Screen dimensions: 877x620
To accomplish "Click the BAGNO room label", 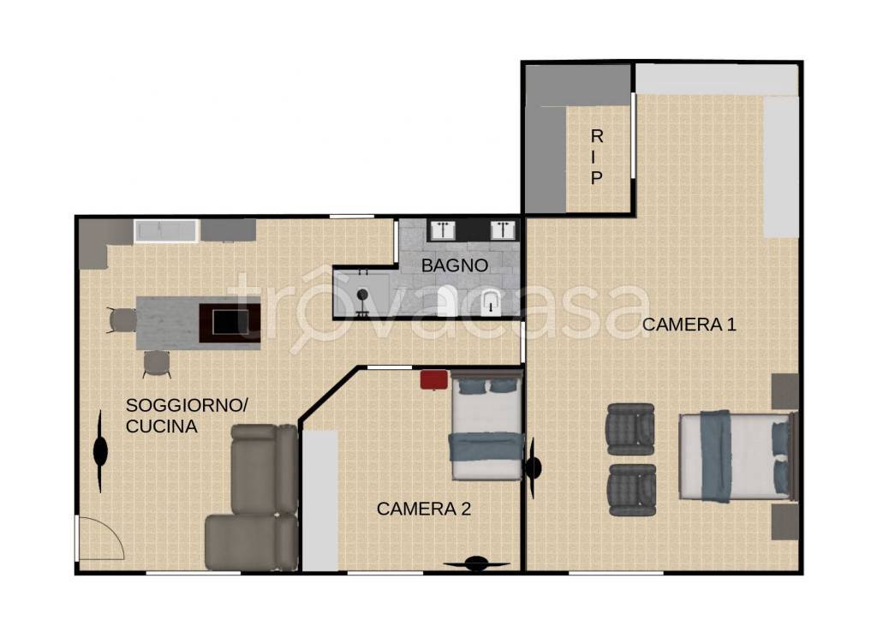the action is pyautogui.click(x=454, y=265).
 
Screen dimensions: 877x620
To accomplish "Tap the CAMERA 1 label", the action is pyautogui.click(x=689, y=325).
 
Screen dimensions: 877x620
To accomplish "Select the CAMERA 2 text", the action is pyautogui.click(x=423, y=509).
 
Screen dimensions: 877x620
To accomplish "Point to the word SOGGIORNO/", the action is pyautogui.click(x=187, y=405).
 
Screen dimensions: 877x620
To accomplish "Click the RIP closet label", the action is pyautogui.click(x=597, y=157).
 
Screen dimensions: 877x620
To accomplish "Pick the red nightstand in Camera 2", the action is pyautogui.click(x=434, y=379).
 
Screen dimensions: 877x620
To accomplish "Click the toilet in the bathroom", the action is pyautogui.click(x=448, y=301).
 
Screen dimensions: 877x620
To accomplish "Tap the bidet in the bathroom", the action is pyautogui.click(x=491, y=302).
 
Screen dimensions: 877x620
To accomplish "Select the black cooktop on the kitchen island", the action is pyautogui.click(x=230, y=323).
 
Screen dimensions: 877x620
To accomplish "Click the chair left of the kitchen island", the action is pyautogui.click(x=122, y=320).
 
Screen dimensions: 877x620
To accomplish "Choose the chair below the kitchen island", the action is pyautogui.click(x=158, y=364).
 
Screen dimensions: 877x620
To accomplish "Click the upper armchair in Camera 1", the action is pyautogui.click(x=630, y=429).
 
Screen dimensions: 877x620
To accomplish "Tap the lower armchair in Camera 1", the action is pyautogui.click(x=631, y=491).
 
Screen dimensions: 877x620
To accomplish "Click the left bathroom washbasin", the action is pyautogui.click(x=443, y=230).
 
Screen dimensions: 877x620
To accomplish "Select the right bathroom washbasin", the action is pyautogui.click(x=503, y=230).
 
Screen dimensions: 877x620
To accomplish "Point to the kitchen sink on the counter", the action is pyautogui.click(x=165, y=231).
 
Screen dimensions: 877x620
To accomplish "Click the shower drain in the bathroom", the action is pyautogui.click(x=362, y=295).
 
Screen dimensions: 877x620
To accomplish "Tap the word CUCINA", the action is pyautogui.click(x=162, y=426).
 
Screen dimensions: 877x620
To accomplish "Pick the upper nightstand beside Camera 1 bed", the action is pyautogui.click(x=785, y=391).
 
